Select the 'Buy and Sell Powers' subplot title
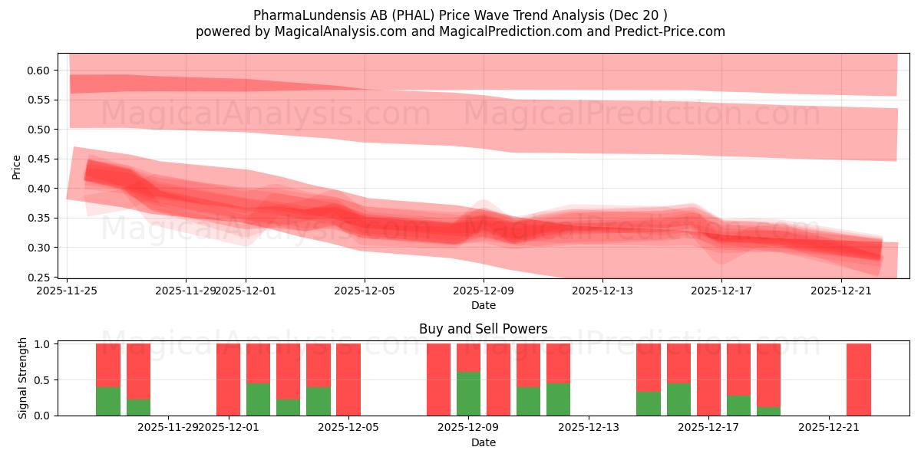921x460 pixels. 483,329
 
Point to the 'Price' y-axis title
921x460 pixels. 17,166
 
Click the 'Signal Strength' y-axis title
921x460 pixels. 23,378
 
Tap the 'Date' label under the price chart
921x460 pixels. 483,305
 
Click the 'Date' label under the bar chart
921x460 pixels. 483,442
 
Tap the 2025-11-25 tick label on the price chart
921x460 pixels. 68,291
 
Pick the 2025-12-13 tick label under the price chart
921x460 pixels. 602,291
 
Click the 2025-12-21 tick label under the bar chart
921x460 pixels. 829,428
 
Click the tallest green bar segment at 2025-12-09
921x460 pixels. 468,393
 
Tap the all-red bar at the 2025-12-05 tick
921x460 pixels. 348,379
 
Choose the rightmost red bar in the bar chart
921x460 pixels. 859,379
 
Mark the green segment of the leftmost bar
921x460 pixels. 108,401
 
